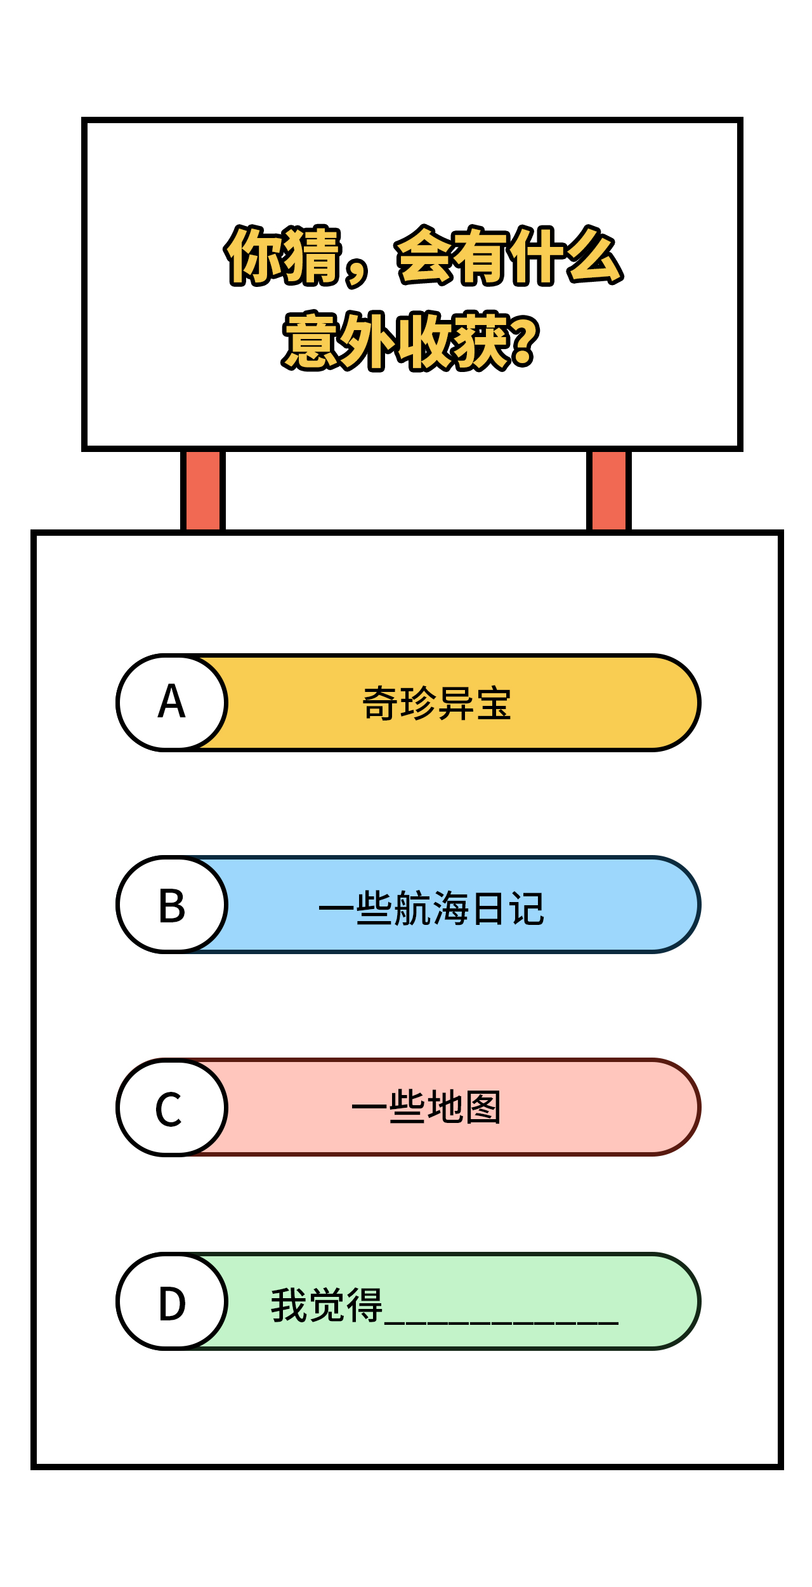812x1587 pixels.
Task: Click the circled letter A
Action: [172, 702]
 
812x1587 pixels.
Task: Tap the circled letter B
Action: [172, 905]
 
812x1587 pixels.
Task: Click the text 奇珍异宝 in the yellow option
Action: [436, 703]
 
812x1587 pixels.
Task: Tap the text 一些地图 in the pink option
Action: [426, 1107]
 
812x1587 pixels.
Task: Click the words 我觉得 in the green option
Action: [327, 1305]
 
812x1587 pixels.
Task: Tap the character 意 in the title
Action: [311, 340]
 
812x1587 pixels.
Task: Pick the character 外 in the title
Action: [368, 340]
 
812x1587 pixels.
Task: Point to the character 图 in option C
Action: [483, 1107]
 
